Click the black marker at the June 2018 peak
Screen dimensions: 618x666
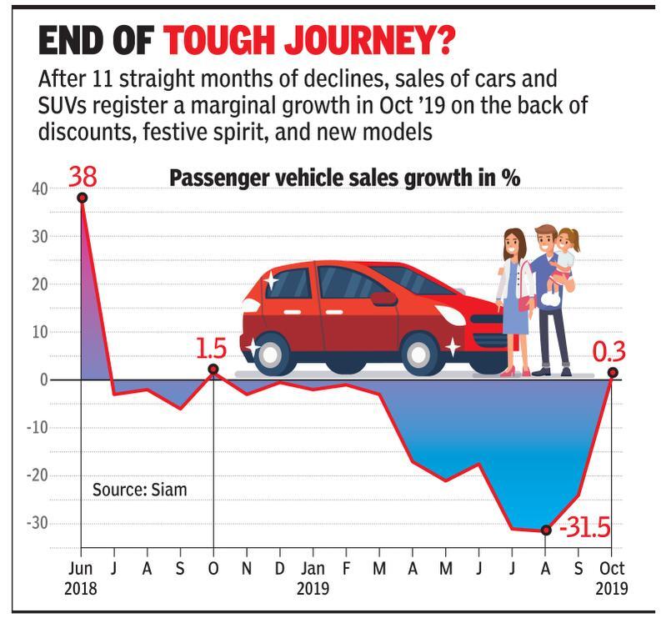pos(82,198)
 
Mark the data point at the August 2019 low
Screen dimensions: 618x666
pos(546,530)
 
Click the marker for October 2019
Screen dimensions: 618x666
pos(613,373)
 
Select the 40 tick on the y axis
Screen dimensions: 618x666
pos(40,188)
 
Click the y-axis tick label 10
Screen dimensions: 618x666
pos(40,332)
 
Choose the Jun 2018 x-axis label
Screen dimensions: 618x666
pos(81,578)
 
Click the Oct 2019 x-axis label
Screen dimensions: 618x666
pos(613,578)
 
